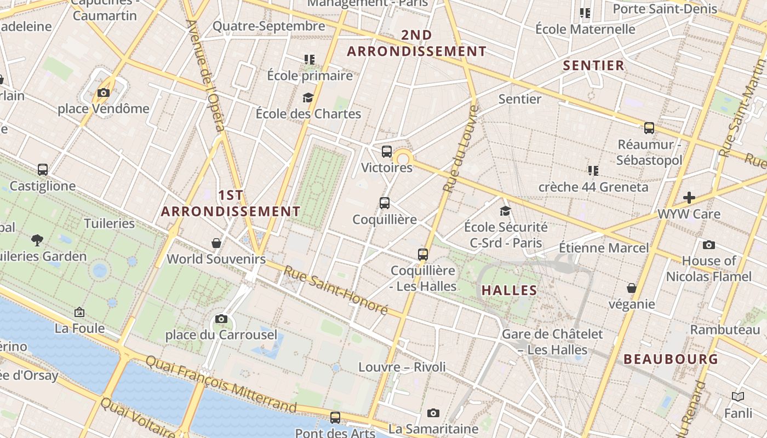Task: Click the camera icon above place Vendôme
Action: [104, 93]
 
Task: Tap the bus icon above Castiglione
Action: [43, 170]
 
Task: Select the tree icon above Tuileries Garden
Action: [37, 239]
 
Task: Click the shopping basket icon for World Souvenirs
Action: [216, 243]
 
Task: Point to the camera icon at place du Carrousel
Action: [221, 319]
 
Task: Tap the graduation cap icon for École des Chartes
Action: [308, 97]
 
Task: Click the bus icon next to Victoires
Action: [387, 152]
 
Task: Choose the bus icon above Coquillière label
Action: [385, 203]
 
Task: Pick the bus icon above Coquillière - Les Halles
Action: [422, 254]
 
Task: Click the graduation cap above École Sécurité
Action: [505, 211]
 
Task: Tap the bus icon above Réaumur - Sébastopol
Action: [649, 128]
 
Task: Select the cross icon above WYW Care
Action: [689, 198]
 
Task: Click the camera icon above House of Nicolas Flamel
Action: [709, 245]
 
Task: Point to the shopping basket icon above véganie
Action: [632, 287]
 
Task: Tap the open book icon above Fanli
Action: [738, 396]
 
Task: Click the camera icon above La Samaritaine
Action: [433, 413]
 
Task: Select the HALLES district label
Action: [509, 290]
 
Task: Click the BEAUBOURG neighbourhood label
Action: [671, 359]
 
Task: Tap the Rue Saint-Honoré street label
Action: [336, 290]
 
